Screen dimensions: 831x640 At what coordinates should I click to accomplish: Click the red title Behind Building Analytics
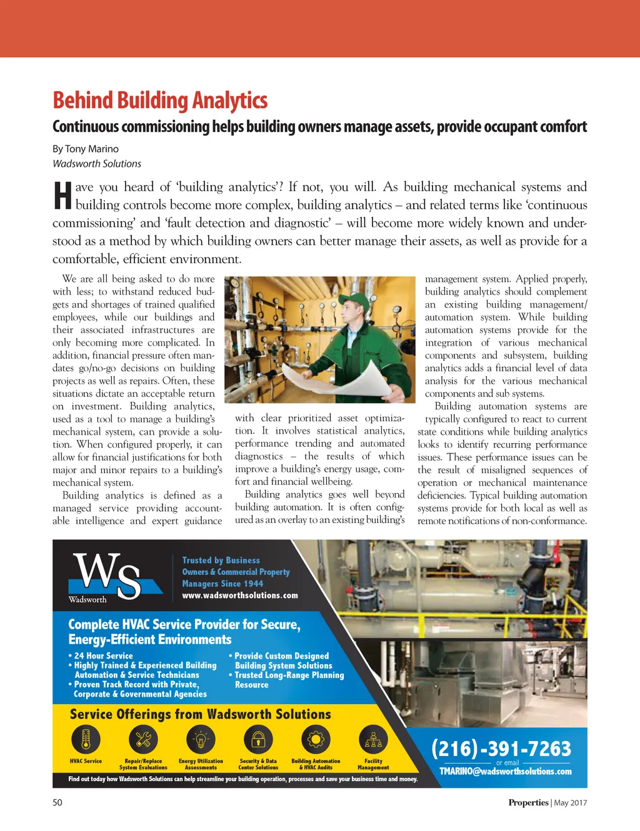point(160,101)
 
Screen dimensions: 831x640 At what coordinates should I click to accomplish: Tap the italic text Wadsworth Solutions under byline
point(97,164)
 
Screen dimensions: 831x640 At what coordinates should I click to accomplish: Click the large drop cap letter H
point(62,196)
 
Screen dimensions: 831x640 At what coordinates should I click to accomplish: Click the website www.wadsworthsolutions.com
point(240,595)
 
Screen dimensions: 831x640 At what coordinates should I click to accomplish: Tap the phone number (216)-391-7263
point(501,748)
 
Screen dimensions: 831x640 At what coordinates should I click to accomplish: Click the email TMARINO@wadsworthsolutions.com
point(505,772)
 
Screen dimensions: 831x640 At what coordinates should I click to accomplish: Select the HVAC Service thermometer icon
point(86,740)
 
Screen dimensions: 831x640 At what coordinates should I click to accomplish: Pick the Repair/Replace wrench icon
point(143,740)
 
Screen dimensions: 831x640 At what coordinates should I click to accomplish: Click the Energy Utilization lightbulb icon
point(201,740)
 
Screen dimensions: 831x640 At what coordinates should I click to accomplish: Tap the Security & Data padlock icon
point(258,740)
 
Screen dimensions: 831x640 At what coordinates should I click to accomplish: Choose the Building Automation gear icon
point(316,740)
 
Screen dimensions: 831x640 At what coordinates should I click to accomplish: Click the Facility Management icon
point(373,740)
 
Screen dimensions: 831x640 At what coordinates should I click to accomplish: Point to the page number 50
point(57,802)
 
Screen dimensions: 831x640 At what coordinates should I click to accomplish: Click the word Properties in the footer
point(528,803)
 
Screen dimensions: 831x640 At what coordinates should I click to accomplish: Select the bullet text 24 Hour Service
point(103,655)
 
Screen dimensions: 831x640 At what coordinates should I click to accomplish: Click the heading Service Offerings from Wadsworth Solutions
point(200,714)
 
